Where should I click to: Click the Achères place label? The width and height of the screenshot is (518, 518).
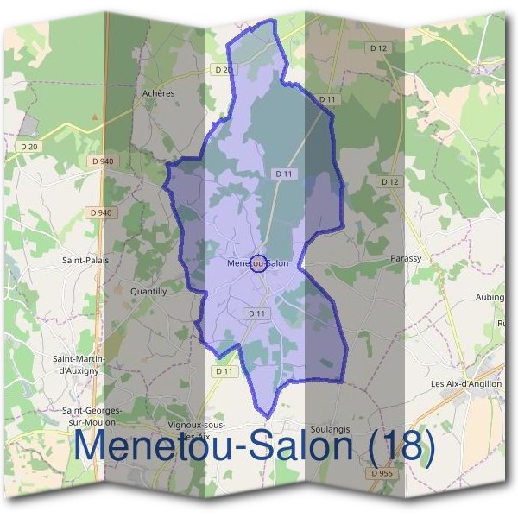click(x=158, y=93)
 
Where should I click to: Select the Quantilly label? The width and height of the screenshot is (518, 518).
click(x=148, y=292)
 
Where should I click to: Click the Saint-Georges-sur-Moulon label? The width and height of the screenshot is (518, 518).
click(x=92, y=416)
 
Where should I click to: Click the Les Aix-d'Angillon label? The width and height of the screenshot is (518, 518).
click(x=466, y=384)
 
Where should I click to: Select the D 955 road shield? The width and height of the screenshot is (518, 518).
click(x=381, y=473)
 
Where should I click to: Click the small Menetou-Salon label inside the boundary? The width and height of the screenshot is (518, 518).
click(x=257, y=263)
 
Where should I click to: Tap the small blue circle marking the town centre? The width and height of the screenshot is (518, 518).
click(x=257, y=263)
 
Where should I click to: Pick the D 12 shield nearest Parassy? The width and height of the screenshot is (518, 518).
click(x=389, y=182)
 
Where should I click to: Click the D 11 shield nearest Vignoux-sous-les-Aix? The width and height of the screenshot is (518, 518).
click(x=224, y=371)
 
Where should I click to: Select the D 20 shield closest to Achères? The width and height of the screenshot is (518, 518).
click(x=223, y=69)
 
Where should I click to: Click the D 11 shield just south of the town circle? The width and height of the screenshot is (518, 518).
click(x=255, y=313)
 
